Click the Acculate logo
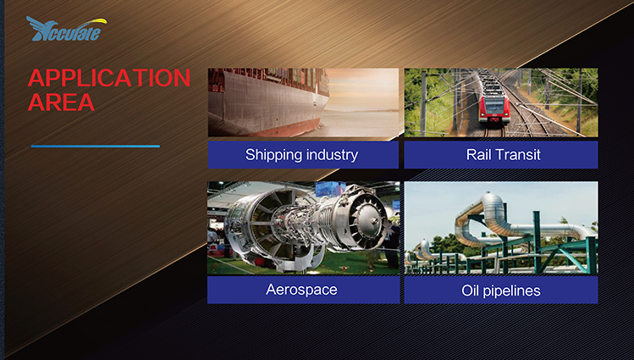coord(67,29)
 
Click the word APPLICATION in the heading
coord(109,78)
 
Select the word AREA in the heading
coord(61,102)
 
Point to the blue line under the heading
coord(96,146)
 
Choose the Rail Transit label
coord(501,154)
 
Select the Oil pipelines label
coord(501,290)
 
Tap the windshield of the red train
coord(494,105)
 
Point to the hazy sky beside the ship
coord(362,89)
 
